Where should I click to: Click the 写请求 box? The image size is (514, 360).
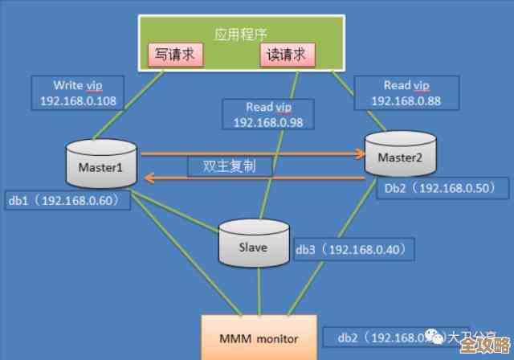coord(174,55)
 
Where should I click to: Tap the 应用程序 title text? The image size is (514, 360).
coord(240,34)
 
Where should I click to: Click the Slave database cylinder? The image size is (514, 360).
coord(254,244)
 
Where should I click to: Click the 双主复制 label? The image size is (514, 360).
coord(230,166)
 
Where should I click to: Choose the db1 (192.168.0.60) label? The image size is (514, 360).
coord(68,199)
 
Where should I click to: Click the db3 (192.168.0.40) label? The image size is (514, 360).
coord(354,249)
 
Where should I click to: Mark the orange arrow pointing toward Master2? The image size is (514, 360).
coord(248,153)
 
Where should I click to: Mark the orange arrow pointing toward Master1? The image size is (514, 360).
coord(248,180)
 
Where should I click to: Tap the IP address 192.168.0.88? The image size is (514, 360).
coord(409,102)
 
